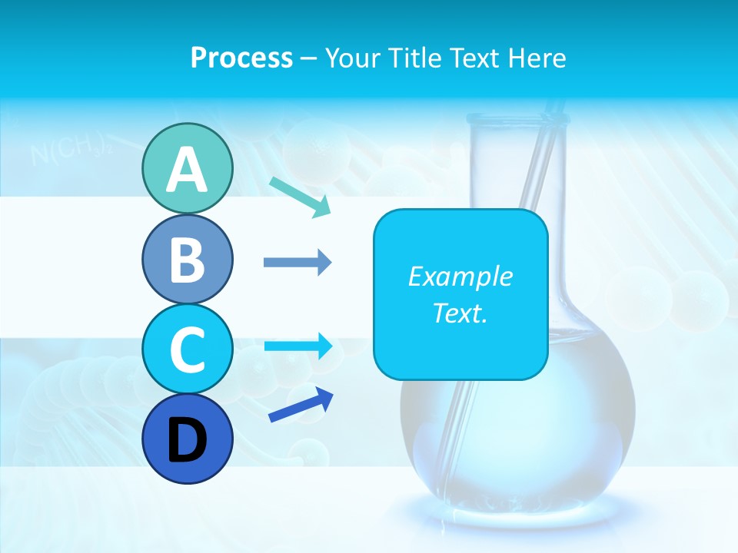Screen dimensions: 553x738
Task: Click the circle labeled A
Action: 187,168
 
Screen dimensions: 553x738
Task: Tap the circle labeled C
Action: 187,349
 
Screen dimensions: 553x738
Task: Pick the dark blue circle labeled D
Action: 187,439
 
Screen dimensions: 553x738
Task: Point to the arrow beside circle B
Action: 297,263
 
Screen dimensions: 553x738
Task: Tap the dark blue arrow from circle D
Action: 301,405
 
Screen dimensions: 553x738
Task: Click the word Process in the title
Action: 241,58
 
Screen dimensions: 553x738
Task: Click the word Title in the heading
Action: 416,58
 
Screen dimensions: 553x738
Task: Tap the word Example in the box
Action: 460,276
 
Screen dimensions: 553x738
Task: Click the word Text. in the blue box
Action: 460,313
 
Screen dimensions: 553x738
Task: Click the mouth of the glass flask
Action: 517,118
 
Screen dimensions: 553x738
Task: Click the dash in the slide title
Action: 308,58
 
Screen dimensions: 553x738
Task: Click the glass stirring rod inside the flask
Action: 530,184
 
